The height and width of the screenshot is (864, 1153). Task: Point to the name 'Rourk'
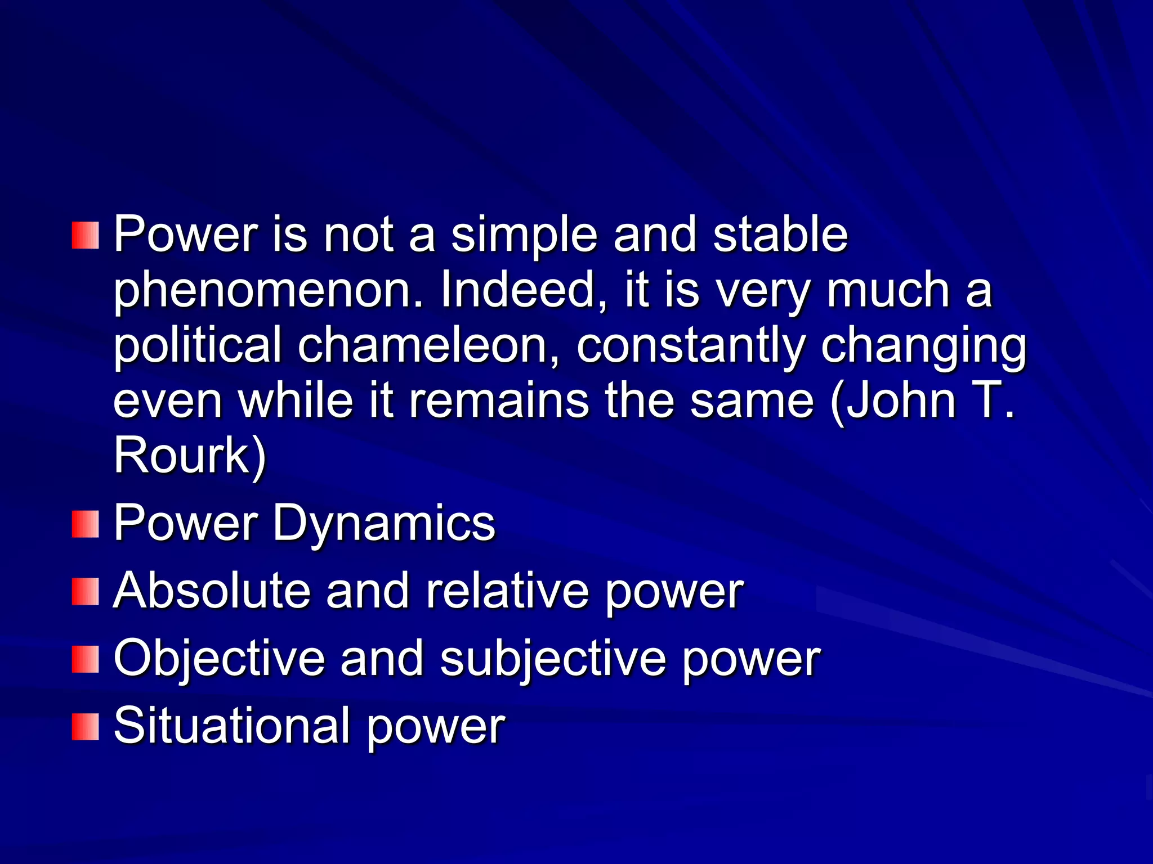(x=182, y=455)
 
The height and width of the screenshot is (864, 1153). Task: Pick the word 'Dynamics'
(x=383, y=523)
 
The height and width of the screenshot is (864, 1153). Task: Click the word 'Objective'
(x=220, y=659)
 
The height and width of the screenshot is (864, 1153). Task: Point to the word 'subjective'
(x=552, y=659)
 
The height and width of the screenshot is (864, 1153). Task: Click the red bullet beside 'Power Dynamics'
(x=85, y=524)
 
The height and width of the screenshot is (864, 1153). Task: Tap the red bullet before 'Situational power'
(x=85, y=727)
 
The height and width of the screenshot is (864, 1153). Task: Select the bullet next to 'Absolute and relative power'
(x=85, y=592)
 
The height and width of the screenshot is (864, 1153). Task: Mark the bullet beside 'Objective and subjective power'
(x=85, y=659)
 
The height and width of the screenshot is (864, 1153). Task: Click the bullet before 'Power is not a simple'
(x=85, y=235)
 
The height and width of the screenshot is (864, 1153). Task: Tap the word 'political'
(x=197, y=346)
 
